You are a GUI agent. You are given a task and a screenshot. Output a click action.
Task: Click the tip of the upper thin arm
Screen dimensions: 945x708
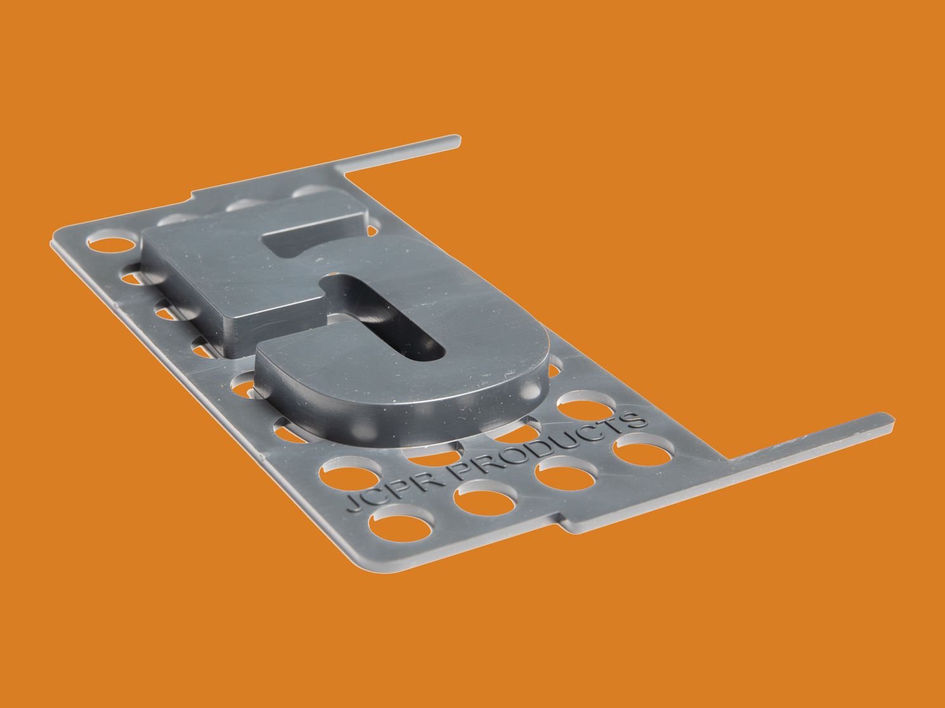point(459,141)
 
